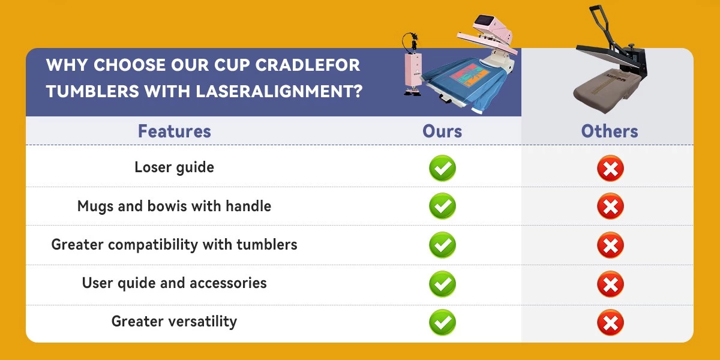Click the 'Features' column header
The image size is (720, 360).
[x=174, y=131]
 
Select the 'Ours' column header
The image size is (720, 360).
[x=442, y=131]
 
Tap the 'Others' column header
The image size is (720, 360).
[x=610, y=131]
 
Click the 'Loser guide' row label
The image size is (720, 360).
[x=174, y=167]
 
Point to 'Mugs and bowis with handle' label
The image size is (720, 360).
[x=174, y=206]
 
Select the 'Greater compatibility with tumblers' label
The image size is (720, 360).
[x=174, y=245]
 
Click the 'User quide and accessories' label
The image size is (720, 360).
[x=174, y=283]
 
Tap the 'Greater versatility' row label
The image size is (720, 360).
[x=174, y=322]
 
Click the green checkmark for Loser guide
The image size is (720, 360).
[x=442, y=168]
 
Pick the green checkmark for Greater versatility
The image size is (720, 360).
[x=442, y=322]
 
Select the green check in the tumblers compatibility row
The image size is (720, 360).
[x=442, y=245]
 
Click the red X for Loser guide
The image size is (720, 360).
[x=610, y=168]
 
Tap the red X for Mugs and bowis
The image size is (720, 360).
[x=610, y=206]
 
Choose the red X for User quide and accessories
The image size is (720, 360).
[x=610, y=284]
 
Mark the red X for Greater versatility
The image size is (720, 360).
[x=610, y=322]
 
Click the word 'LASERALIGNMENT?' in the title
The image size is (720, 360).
[x=279, y=91]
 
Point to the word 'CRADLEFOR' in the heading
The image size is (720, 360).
[x=308, y=65]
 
